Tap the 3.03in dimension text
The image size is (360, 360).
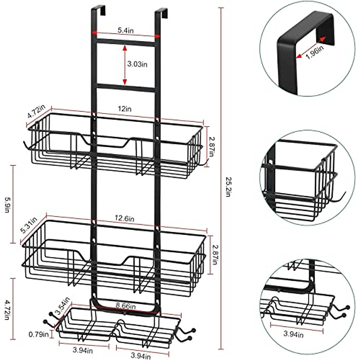[x=137, y=64]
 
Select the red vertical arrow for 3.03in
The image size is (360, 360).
[x=125, y=64]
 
